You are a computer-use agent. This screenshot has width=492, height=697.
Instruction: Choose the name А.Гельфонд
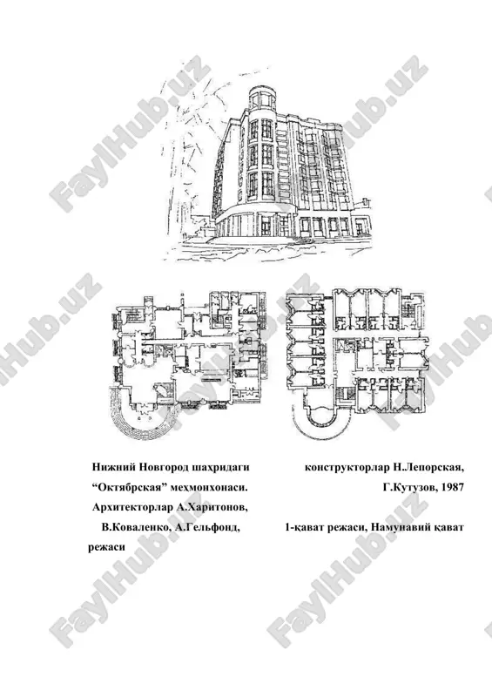point(208,527)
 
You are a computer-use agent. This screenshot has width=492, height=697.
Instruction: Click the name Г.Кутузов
point(409,487)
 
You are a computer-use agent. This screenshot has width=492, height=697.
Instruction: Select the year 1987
point(453,487)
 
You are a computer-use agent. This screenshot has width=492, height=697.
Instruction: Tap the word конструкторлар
point(347,468)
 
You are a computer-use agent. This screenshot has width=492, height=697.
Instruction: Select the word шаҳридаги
point(221,468)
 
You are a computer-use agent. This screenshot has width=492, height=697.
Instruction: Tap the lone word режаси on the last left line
point(106,548)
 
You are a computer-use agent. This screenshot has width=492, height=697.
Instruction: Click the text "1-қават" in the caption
point(303,527)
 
